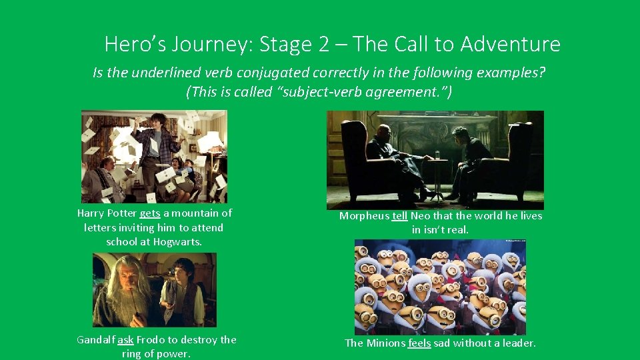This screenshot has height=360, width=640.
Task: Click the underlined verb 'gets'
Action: click(150, 213)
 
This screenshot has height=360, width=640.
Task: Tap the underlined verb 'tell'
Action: click(399, 216)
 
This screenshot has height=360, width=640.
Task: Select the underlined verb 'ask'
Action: click(125, 340)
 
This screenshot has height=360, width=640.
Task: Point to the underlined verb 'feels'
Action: click(419, 343)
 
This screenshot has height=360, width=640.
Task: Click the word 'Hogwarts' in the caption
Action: click(177, 242)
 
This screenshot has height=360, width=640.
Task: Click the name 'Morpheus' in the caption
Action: click(364, 216)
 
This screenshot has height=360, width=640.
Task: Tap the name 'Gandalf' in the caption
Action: click(96, 340)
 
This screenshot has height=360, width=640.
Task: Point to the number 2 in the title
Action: click(324, 45)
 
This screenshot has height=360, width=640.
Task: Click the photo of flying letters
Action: click(154, 157)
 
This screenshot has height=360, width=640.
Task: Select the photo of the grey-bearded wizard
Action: click(154, 290)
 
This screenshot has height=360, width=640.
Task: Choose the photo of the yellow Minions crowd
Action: click(440, 287)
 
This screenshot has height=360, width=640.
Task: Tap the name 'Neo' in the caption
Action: click(421, 216)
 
